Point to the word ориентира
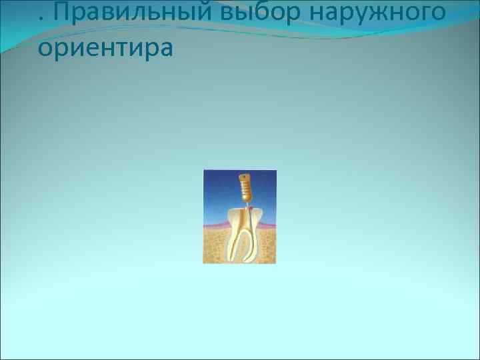tap(105, 49)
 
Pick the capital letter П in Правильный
tap(55, 11)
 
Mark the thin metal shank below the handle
tap(246, 205)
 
